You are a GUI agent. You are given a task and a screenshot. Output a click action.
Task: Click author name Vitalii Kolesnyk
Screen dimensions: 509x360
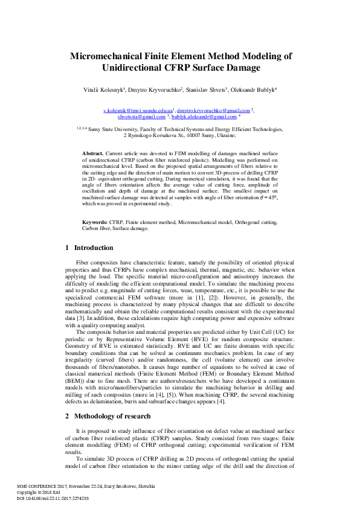pos(105,89)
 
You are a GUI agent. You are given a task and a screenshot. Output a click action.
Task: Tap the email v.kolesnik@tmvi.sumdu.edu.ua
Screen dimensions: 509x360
pos(138,111)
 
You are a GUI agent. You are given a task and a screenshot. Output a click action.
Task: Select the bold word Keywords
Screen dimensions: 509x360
pos(95,223)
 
